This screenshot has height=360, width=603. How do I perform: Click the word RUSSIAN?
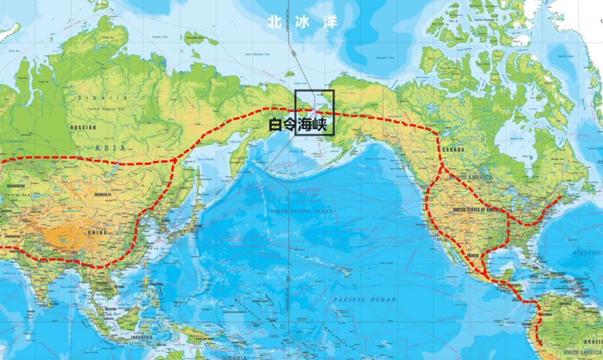coord(83,127)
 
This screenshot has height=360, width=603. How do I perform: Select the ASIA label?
coord(111,147)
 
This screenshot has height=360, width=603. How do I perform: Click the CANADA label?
coord(453,150)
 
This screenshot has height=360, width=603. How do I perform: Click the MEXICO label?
coord(472,255)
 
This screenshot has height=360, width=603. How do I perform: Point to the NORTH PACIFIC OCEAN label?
coord(301,211)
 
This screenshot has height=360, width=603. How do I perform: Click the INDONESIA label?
coord(142,337)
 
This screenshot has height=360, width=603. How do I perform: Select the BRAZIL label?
coord(592,342)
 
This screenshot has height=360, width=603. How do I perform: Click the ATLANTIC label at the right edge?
coord(587,253)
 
